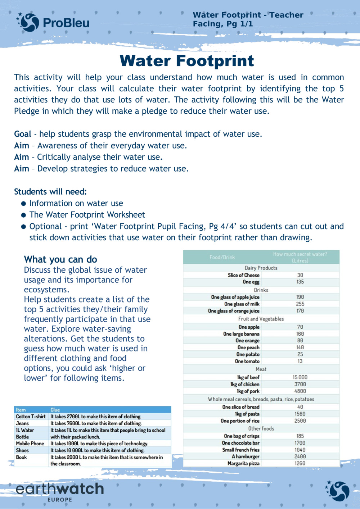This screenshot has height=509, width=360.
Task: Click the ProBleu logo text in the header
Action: click(x=66, y=23)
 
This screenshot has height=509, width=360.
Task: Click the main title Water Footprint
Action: click(x=186, y=60)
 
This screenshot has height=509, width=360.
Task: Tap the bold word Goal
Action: click(x=22, y=134)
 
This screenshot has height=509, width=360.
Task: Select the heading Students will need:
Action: click(x=50, y=191)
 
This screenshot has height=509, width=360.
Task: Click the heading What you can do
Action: click(x=60, y=259)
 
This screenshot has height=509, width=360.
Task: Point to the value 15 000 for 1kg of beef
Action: click(x=300, y=377)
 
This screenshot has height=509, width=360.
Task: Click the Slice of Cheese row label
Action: click(x=243, y=275)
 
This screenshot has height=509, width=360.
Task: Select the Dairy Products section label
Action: click(x=261, y=268)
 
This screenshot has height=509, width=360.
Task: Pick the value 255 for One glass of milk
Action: click(x=300, y=304)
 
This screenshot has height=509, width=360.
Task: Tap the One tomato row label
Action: click(x=247, y=361)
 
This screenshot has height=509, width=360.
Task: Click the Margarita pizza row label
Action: click(x=243, y=463)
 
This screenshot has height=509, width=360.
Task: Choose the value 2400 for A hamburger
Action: click(x=300, y=456)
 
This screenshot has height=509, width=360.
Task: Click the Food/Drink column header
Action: click(x=222, y=257)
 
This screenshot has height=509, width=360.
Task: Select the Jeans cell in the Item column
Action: click(x=22, y=423)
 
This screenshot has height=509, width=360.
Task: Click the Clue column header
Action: click(x=55, y=410)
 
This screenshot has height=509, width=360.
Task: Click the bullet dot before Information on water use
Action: click(x=23, y=204)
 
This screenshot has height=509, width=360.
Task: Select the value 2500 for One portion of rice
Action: click(x=300, y=421)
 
